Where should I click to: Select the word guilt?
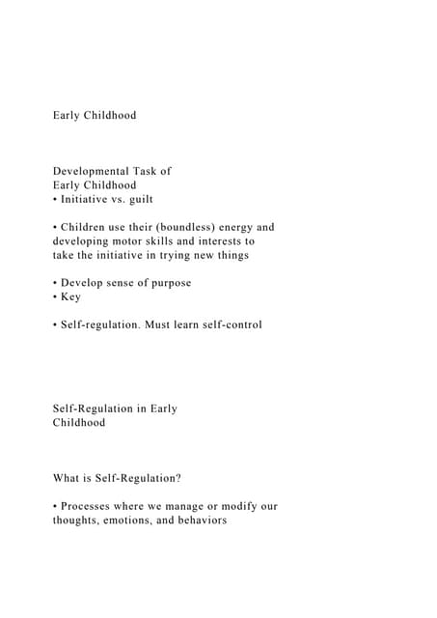coord(138,200)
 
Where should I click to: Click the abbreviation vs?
coord(111,200)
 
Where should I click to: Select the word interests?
coord(216,241)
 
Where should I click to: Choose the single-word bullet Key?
coord(70,297)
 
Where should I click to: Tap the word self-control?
coord(227,325)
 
